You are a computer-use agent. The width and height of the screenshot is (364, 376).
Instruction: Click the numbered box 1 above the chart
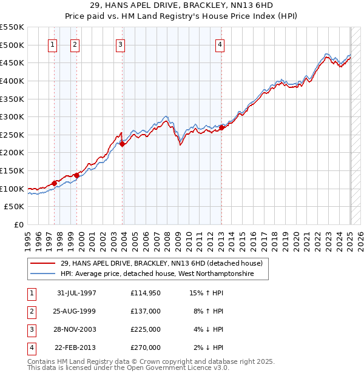[x=52, y=44]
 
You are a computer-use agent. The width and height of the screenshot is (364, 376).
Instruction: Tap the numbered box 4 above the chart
[x=219, y=44]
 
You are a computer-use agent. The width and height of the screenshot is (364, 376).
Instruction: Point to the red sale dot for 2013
[x=221, y=127]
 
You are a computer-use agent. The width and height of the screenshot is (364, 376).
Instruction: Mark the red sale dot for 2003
[x=123, y=144]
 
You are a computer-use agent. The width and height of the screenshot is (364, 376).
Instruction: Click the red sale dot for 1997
[x=55, y=183]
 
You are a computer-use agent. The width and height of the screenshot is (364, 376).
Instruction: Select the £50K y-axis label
[x=15, y=207]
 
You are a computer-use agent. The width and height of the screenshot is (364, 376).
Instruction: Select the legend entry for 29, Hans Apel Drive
[x=161, y=264]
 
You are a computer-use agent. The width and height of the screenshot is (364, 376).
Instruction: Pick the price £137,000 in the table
[x=146, y=312]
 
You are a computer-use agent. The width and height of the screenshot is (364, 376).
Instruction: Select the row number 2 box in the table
[x=31, y=312]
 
